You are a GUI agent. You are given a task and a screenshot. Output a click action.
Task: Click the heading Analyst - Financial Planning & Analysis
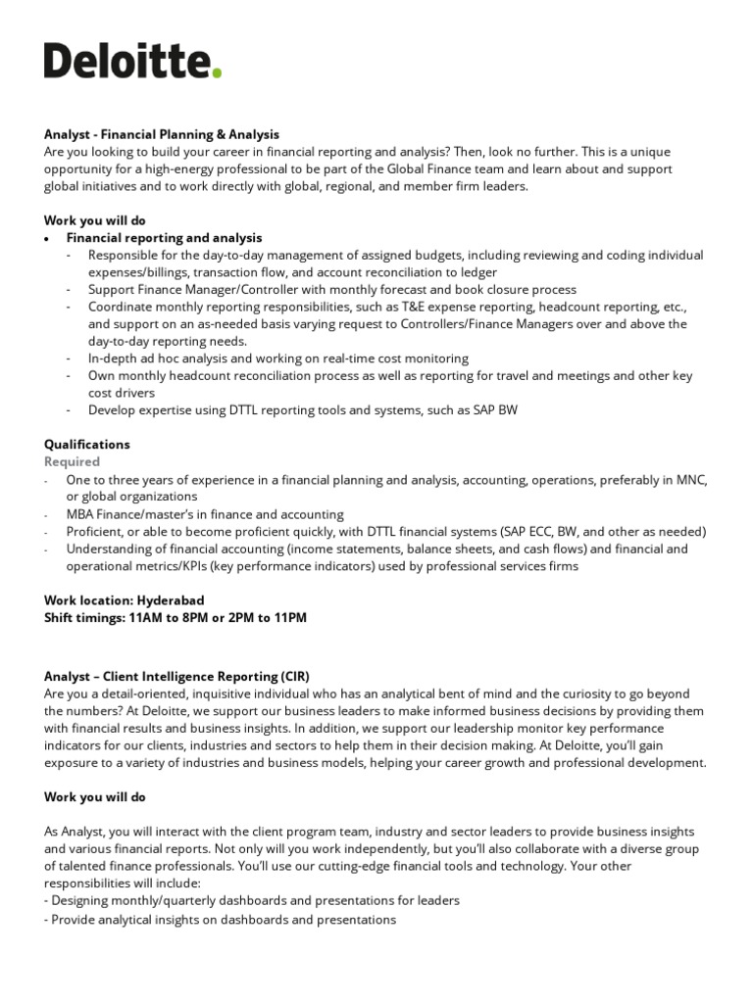(162, 134)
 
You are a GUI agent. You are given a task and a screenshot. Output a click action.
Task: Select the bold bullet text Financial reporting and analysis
(164, 238)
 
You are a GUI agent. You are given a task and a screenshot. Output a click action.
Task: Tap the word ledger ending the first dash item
(476, 272)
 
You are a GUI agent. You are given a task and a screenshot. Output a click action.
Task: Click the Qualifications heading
(87, 444)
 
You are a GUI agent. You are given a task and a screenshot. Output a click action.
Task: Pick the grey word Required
(72, 461)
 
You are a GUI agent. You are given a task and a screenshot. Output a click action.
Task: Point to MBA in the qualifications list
(80, 513)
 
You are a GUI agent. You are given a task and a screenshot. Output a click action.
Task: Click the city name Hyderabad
(172, 599)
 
